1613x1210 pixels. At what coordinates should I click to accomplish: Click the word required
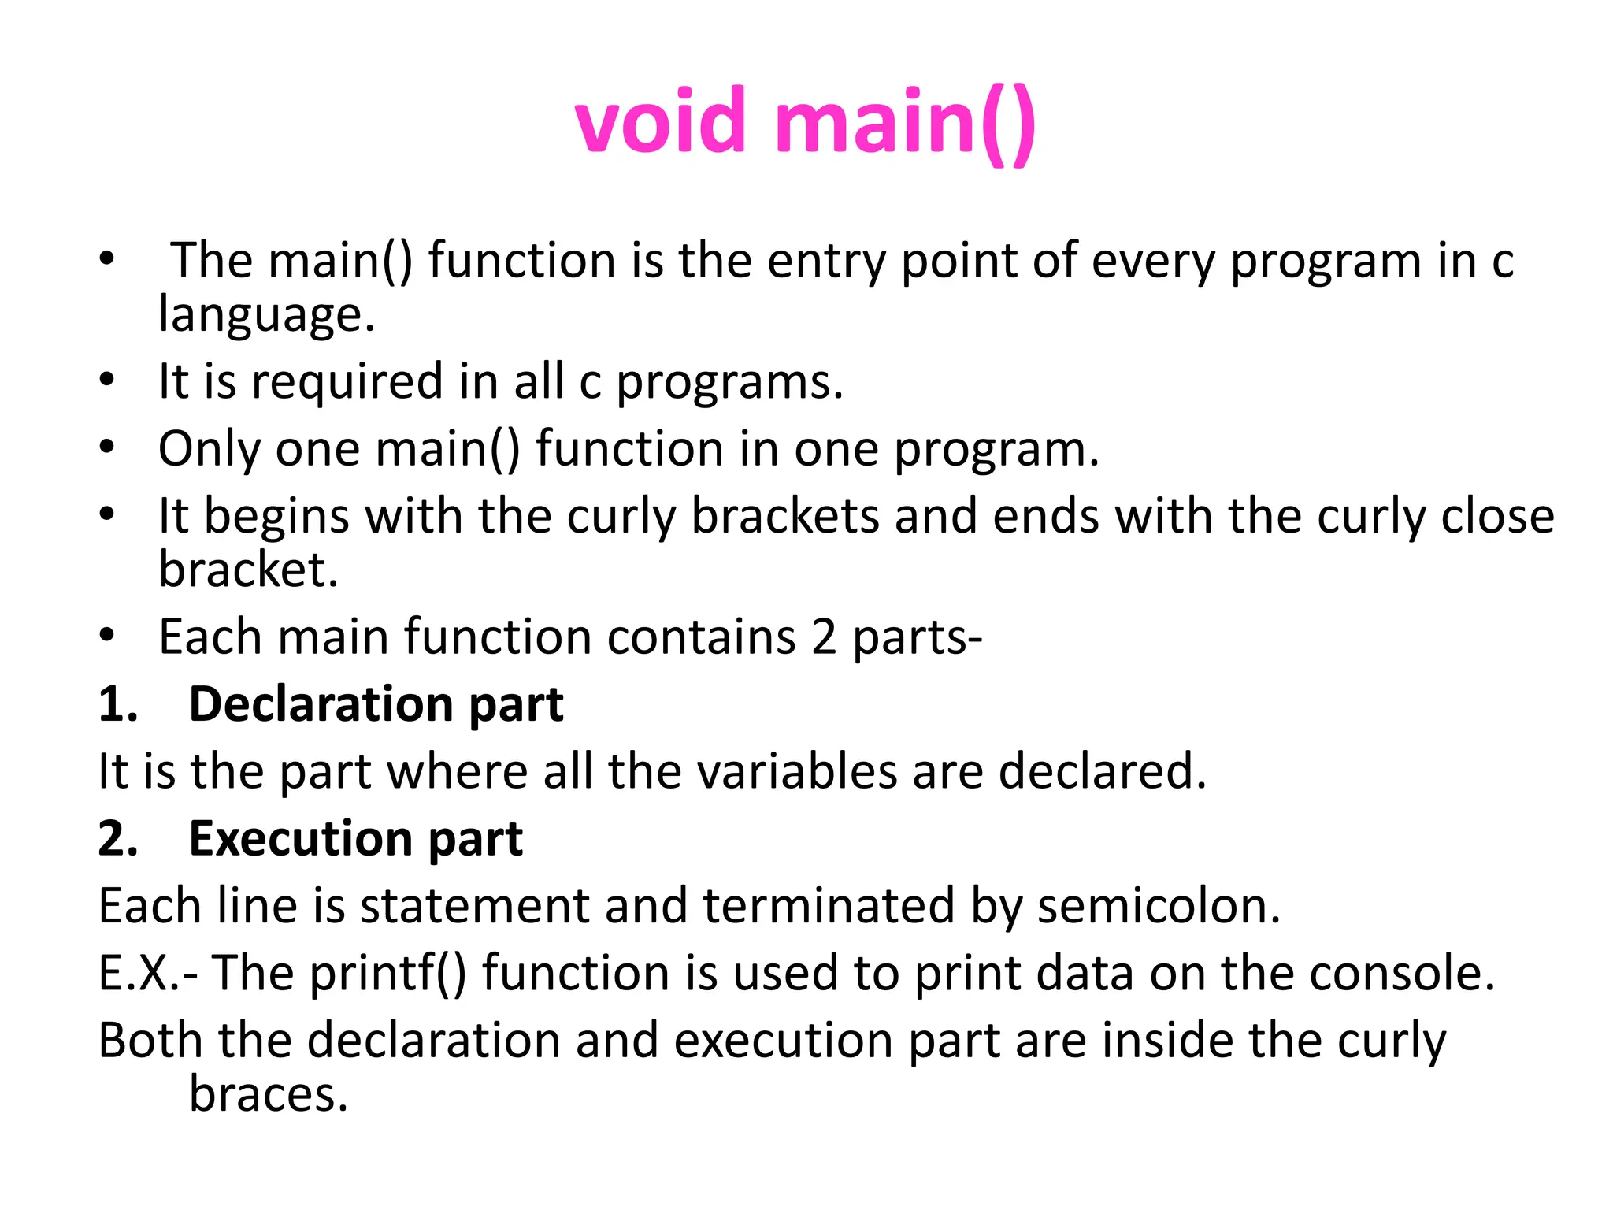[347, 382]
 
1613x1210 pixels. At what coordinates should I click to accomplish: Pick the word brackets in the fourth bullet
[784, 517]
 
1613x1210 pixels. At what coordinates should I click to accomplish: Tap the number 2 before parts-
[824, 637]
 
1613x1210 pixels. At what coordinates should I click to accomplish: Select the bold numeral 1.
[117, 703]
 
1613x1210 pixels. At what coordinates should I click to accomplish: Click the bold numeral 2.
[117, 838]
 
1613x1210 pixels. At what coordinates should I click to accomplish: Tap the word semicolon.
[1159, 906]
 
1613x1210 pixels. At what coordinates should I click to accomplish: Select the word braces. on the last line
[268, 1094]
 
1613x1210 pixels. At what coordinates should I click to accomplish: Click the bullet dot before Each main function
[107, 634]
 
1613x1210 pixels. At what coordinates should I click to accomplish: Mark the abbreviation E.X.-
[148, 974]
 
